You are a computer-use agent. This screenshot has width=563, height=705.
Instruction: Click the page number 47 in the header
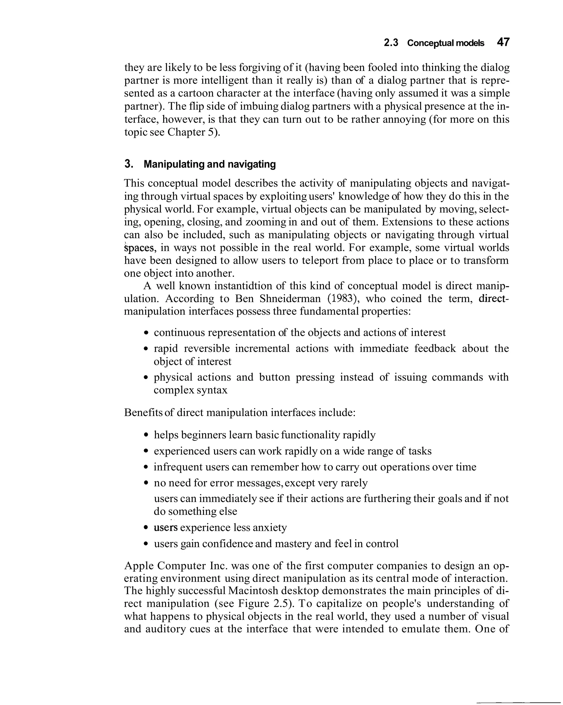[x=503, y=42]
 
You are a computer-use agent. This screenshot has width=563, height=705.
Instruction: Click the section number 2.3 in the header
[x=391, y=43]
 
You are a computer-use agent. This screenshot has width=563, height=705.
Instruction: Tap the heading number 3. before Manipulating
[x=129, y=164]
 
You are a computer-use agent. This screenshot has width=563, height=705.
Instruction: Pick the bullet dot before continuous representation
[x=146, y=333]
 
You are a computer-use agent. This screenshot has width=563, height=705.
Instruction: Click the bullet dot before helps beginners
[x=146, y=435]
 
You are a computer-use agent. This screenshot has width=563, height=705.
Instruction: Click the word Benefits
[x=143, y=413]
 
